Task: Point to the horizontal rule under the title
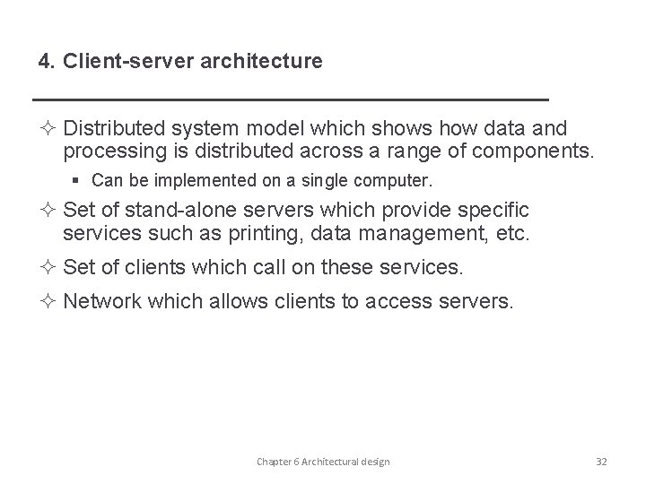(289, 97)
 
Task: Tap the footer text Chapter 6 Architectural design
(323, 461)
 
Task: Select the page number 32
(600, 461)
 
